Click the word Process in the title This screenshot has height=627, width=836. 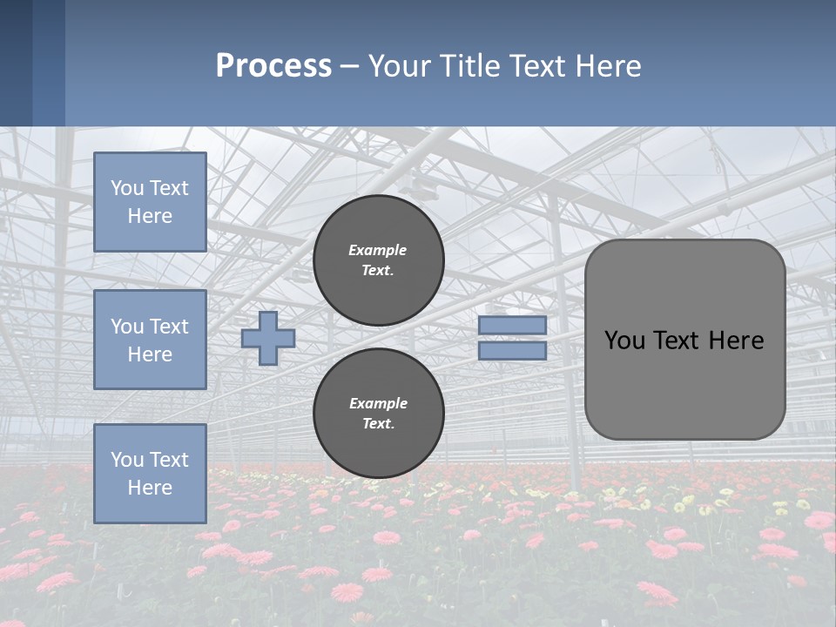click(273, 66)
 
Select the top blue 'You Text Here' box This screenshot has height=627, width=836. click(150, 202)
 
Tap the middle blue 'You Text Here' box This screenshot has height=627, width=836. click(150, 340)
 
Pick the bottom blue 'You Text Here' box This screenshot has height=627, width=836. click(150, 473)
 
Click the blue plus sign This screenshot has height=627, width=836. click(268, 338)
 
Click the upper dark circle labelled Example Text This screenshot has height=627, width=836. click(379, 260)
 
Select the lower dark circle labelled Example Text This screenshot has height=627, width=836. click(379, 414)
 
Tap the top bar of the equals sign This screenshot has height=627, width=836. click(512, 325)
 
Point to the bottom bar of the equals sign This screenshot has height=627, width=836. click(512, 351)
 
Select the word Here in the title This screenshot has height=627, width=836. click(610, 66)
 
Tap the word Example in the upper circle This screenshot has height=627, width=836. click(378, 250)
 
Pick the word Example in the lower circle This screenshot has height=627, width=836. click(378, 403)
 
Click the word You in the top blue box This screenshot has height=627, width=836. click(127, 188)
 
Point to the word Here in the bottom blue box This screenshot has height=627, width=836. click(150, 488)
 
